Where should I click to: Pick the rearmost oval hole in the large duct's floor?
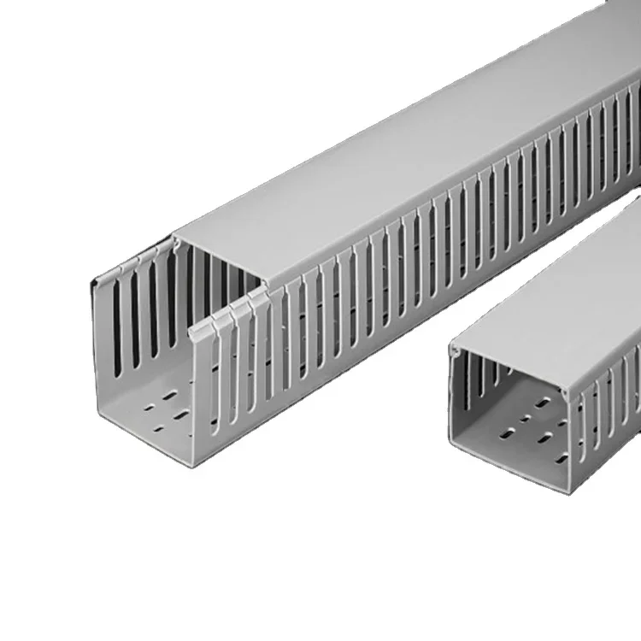click(175, 393)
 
